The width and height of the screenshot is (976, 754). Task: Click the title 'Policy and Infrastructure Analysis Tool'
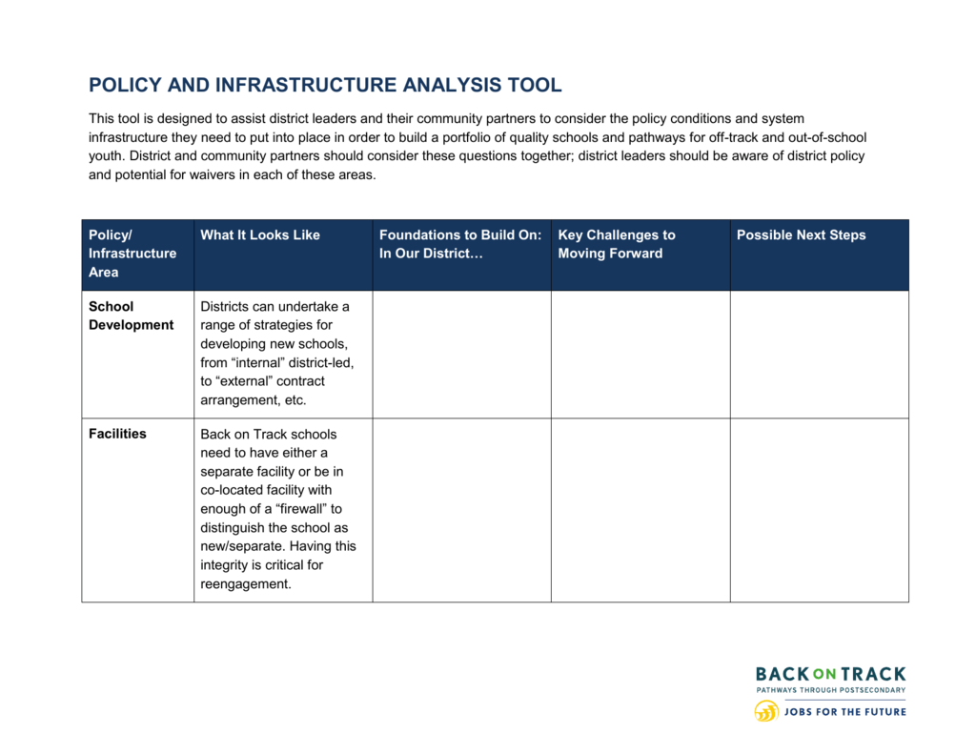click(325, 85)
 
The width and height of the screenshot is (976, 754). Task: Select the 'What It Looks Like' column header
click(260, 234)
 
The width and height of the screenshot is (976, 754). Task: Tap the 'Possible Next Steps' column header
click(801, 234)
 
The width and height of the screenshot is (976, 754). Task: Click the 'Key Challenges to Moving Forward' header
click(617, 244)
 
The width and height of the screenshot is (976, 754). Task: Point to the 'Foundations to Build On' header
click(460, 244)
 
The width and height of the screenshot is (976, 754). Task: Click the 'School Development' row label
click(131, 316)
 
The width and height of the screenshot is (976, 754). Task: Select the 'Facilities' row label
click(117, 434)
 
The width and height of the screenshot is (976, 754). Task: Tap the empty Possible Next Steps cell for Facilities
click(819, 510)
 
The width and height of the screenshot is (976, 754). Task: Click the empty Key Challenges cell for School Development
click(640, 355)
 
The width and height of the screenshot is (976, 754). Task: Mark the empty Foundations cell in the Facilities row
click(462, 510)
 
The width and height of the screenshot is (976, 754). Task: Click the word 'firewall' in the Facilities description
click(300, 509)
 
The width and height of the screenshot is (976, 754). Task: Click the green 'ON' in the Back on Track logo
click(824, 674)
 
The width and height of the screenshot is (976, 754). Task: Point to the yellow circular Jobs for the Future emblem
click(766, 711)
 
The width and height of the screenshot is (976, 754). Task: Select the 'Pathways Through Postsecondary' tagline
click(831, 690)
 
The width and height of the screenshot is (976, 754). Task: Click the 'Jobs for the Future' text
click(845, 712)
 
